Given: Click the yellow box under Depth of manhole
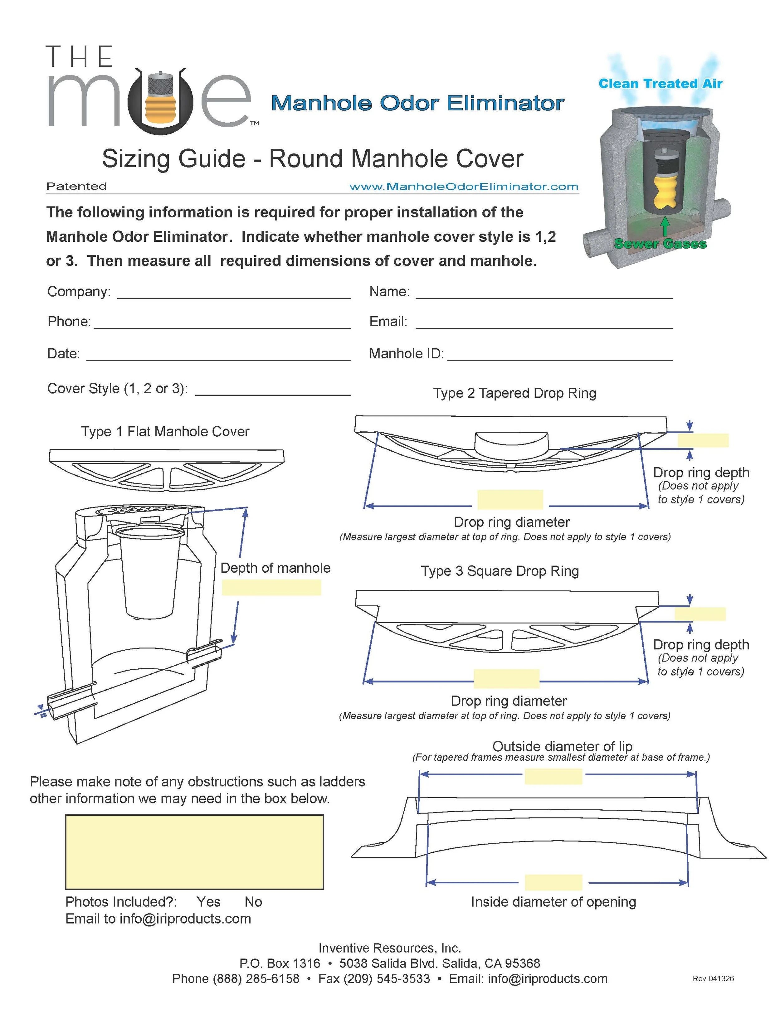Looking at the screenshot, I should click(x=271, y=587).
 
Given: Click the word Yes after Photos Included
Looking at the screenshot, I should click(x=208, y=901).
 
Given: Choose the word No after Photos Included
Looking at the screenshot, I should click(x=253, y=901).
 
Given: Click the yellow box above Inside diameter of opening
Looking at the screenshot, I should click(x=553, y=882).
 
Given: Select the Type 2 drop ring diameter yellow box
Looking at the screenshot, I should click(x=510, y=499).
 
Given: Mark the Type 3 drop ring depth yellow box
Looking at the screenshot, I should click(x=700, y=614).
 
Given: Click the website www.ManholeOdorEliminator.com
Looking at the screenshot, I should click(x=463, y=187).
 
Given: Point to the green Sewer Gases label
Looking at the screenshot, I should click(x=660, y=244).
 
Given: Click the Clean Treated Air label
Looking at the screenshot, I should click(x=660, y=84).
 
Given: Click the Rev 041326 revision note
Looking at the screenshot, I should click(x=713, y=978).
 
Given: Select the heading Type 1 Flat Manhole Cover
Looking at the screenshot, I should click(x=165, y=431).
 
